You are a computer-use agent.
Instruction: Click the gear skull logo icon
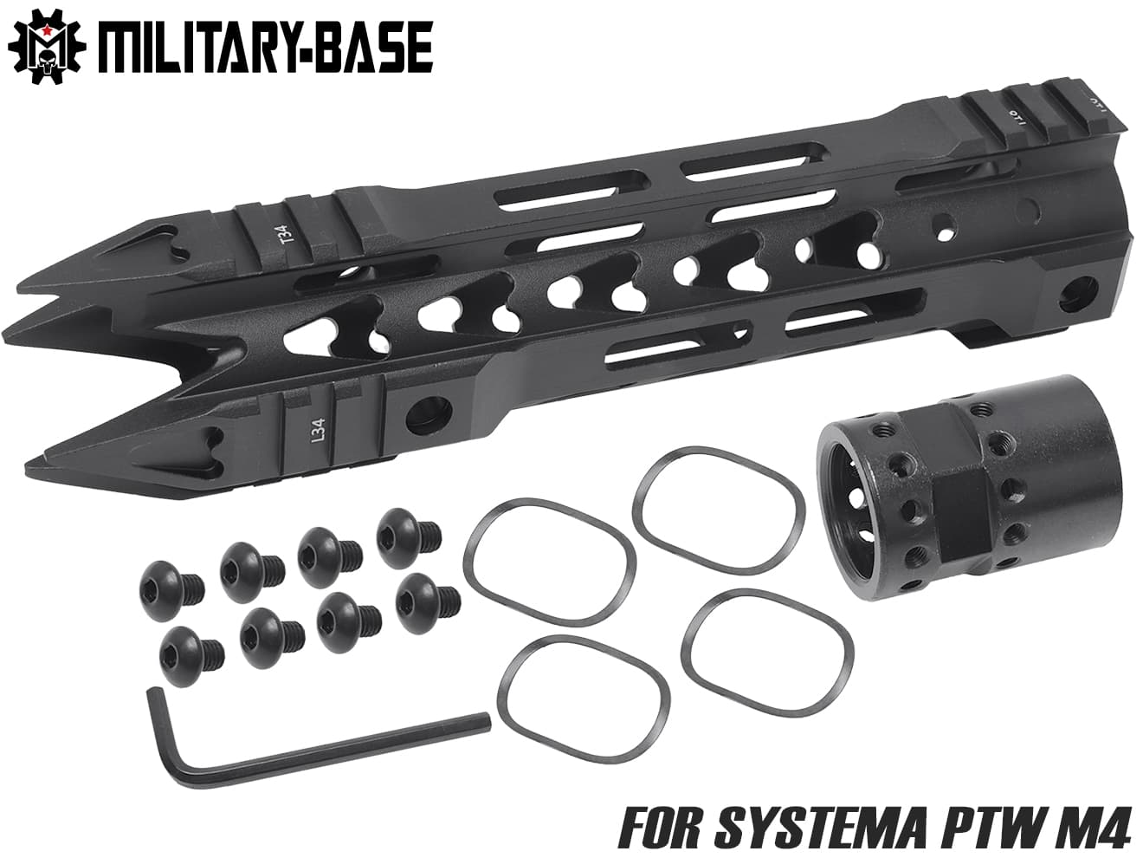coord(41,47)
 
